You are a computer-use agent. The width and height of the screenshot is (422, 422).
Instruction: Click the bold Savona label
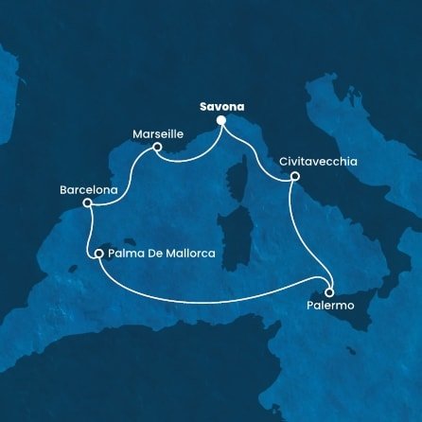click(x=221, y=107)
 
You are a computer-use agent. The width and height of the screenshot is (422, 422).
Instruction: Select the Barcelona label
click(x=88, y=189)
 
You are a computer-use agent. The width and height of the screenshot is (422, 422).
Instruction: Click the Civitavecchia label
click(x=318, y=162)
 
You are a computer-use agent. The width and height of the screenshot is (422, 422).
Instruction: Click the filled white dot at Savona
click(x=221, y=121)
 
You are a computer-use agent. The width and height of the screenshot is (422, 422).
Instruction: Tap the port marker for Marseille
click(x=157, y=147)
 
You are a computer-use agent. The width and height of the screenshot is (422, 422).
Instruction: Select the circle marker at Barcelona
click(x=87, y=202)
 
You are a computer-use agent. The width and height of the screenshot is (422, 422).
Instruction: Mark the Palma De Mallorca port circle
click(x=98, y=254)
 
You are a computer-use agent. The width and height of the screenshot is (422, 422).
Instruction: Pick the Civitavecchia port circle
click(x=295, y=176)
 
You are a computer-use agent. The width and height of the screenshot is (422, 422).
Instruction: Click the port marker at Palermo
click(x=329, y=291)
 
